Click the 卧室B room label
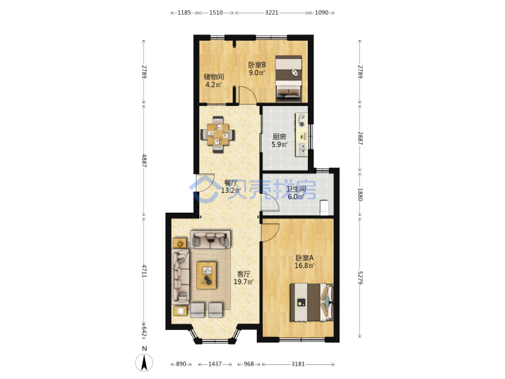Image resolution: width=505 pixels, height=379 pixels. (x=257, y=65)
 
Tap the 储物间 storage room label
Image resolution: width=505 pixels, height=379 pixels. (x=213, y=77)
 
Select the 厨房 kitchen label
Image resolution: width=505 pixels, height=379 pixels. (x=279, y=137)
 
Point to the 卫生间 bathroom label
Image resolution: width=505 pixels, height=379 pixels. (x=296, y=189)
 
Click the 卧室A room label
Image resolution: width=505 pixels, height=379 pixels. (x=304, y=258)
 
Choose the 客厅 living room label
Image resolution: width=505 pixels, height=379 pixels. (x=243, y=274)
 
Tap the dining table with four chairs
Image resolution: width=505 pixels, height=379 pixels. (x=217, y=134)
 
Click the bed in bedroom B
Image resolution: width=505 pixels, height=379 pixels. (x=288, y=77)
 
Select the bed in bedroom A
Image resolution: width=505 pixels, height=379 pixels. (x=311, y=302)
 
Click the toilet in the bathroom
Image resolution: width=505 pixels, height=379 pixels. (x=324, y=208)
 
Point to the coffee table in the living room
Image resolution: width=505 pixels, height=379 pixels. (x=206, y=275)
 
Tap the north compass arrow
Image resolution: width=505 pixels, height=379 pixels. (x=144, y=362)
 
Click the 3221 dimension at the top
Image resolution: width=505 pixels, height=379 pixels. (x=271, y=13)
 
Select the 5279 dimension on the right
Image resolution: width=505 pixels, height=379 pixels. (x=360, y=277)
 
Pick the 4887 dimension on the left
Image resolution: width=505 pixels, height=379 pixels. (x=144, y=160)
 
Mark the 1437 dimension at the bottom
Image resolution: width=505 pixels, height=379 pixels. (x=215, y=364)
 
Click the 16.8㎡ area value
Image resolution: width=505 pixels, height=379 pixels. (x=304, y=265)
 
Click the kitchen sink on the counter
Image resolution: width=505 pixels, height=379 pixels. (x=302, y=149)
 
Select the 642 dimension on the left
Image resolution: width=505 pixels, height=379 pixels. (x=144, y=331)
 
